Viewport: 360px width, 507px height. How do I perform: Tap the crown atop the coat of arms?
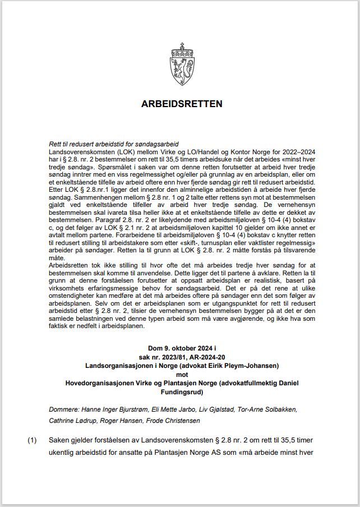point(180,48)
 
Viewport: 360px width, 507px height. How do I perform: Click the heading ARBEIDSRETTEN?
point(180,104)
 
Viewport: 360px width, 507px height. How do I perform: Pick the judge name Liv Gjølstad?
point(197,410)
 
